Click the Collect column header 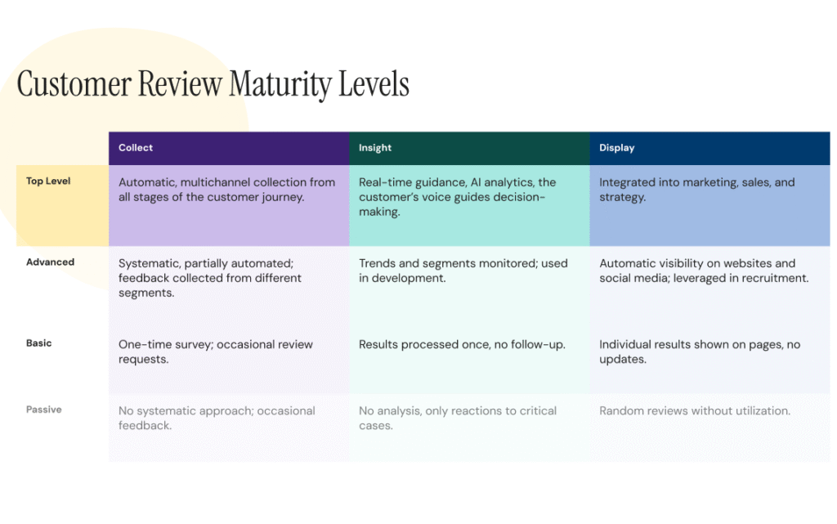pos(136,148)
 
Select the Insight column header pos(375,148)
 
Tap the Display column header pos(616,148)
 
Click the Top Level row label pos(48,181)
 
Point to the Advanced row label pos(50,262)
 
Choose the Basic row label pos(38,343)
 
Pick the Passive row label pos(43,409)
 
